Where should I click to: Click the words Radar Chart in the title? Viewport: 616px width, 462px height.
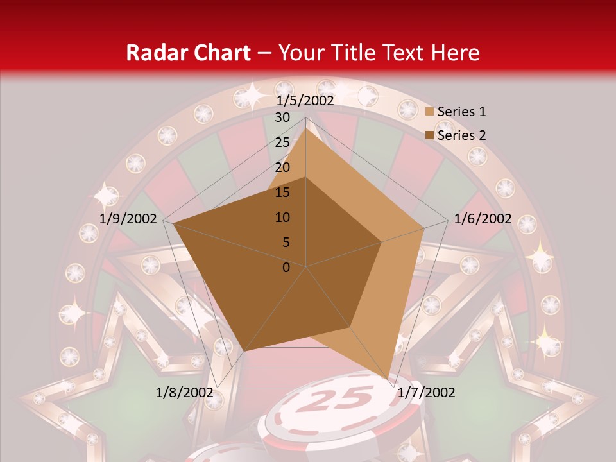click(187, 53)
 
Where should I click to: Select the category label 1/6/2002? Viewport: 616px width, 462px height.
click(483, 219)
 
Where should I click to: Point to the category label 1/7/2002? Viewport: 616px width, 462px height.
click(426, 392)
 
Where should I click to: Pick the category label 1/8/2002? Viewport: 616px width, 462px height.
click(185, 392)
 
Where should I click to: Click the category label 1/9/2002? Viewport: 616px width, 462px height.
click(128, 219)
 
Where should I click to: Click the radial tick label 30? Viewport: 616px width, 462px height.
click(282, 117)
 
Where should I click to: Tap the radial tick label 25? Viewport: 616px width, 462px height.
click(282, 142)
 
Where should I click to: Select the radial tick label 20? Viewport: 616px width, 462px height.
click(282, 167)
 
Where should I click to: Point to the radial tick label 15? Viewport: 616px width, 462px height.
click(282, 193)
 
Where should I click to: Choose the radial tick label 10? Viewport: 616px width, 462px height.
click(282, 218)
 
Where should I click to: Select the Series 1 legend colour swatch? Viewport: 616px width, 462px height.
click(430, 112)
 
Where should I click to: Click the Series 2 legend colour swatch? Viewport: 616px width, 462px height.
click(430, 135)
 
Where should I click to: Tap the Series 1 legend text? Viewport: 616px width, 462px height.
click(461, 112)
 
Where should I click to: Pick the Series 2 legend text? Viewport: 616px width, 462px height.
click(461, 135)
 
